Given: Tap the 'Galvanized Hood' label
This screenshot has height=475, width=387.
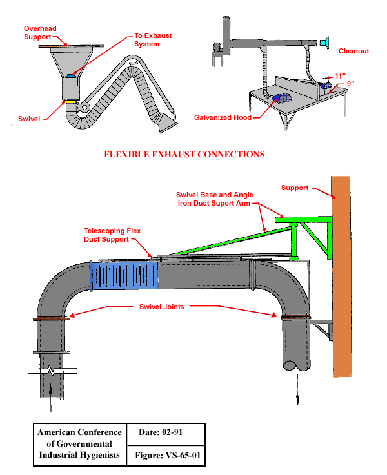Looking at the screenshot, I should (x=223, y=118).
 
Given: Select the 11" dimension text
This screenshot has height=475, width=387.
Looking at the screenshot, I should (x=340, y=75).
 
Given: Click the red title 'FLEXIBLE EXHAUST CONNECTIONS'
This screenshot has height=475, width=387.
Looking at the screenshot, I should (x=184, y=155).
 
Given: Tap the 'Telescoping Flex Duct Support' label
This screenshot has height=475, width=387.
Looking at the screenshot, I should (x=112, y=235).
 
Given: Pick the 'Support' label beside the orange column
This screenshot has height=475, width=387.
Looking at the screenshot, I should (x=294, y=188).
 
